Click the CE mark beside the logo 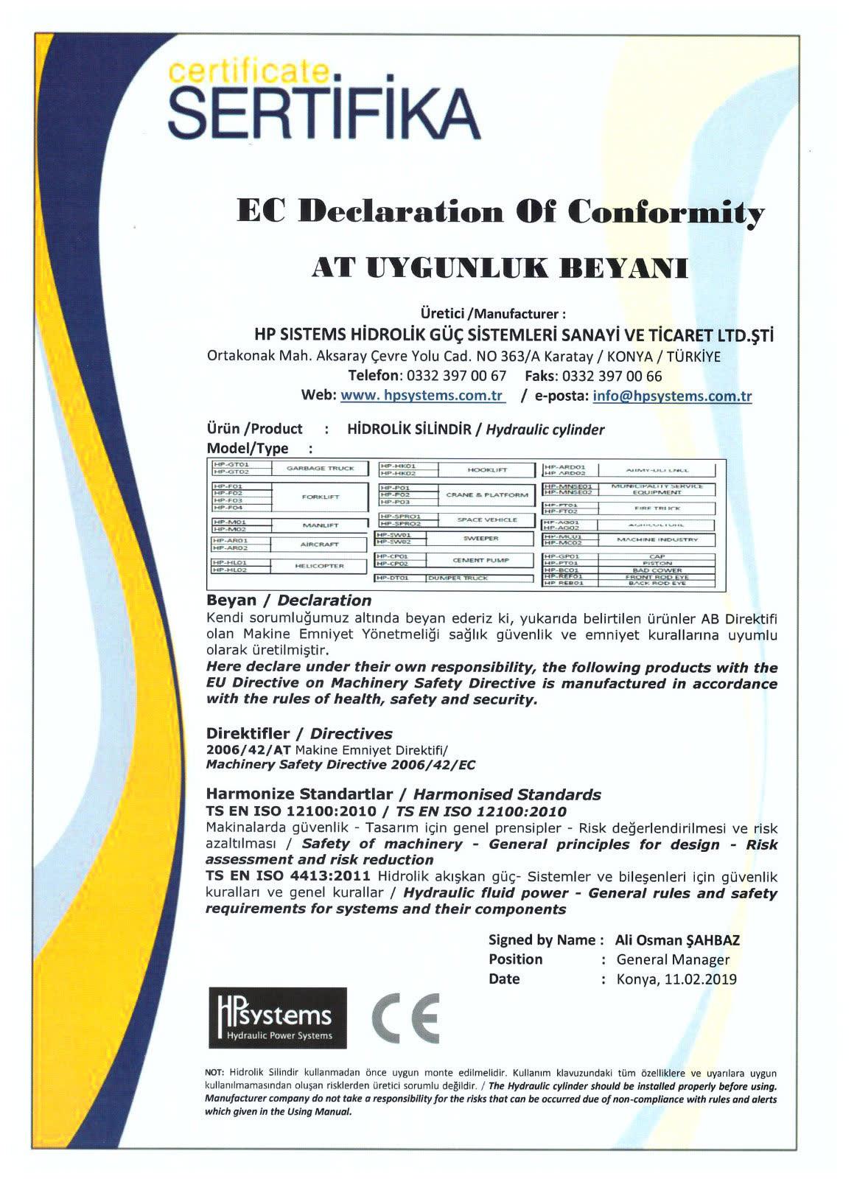coord(405,1017)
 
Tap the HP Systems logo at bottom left coord(277,1017)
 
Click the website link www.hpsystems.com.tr coord(422,395)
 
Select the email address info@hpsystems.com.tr coord(672,396)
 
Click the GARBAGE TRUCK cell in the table coord(320,468)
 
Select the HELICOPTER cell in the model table coord(320,566)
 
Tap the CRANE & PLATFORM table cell coord(487,494)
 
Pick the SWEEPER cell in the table coord(480,539)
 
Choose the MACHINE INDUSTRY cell coord(657,539)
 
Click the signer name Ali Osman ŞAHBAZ coord(676,940)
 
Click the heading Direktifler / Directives coord(299,734)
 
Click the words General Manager coord(673,959)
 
